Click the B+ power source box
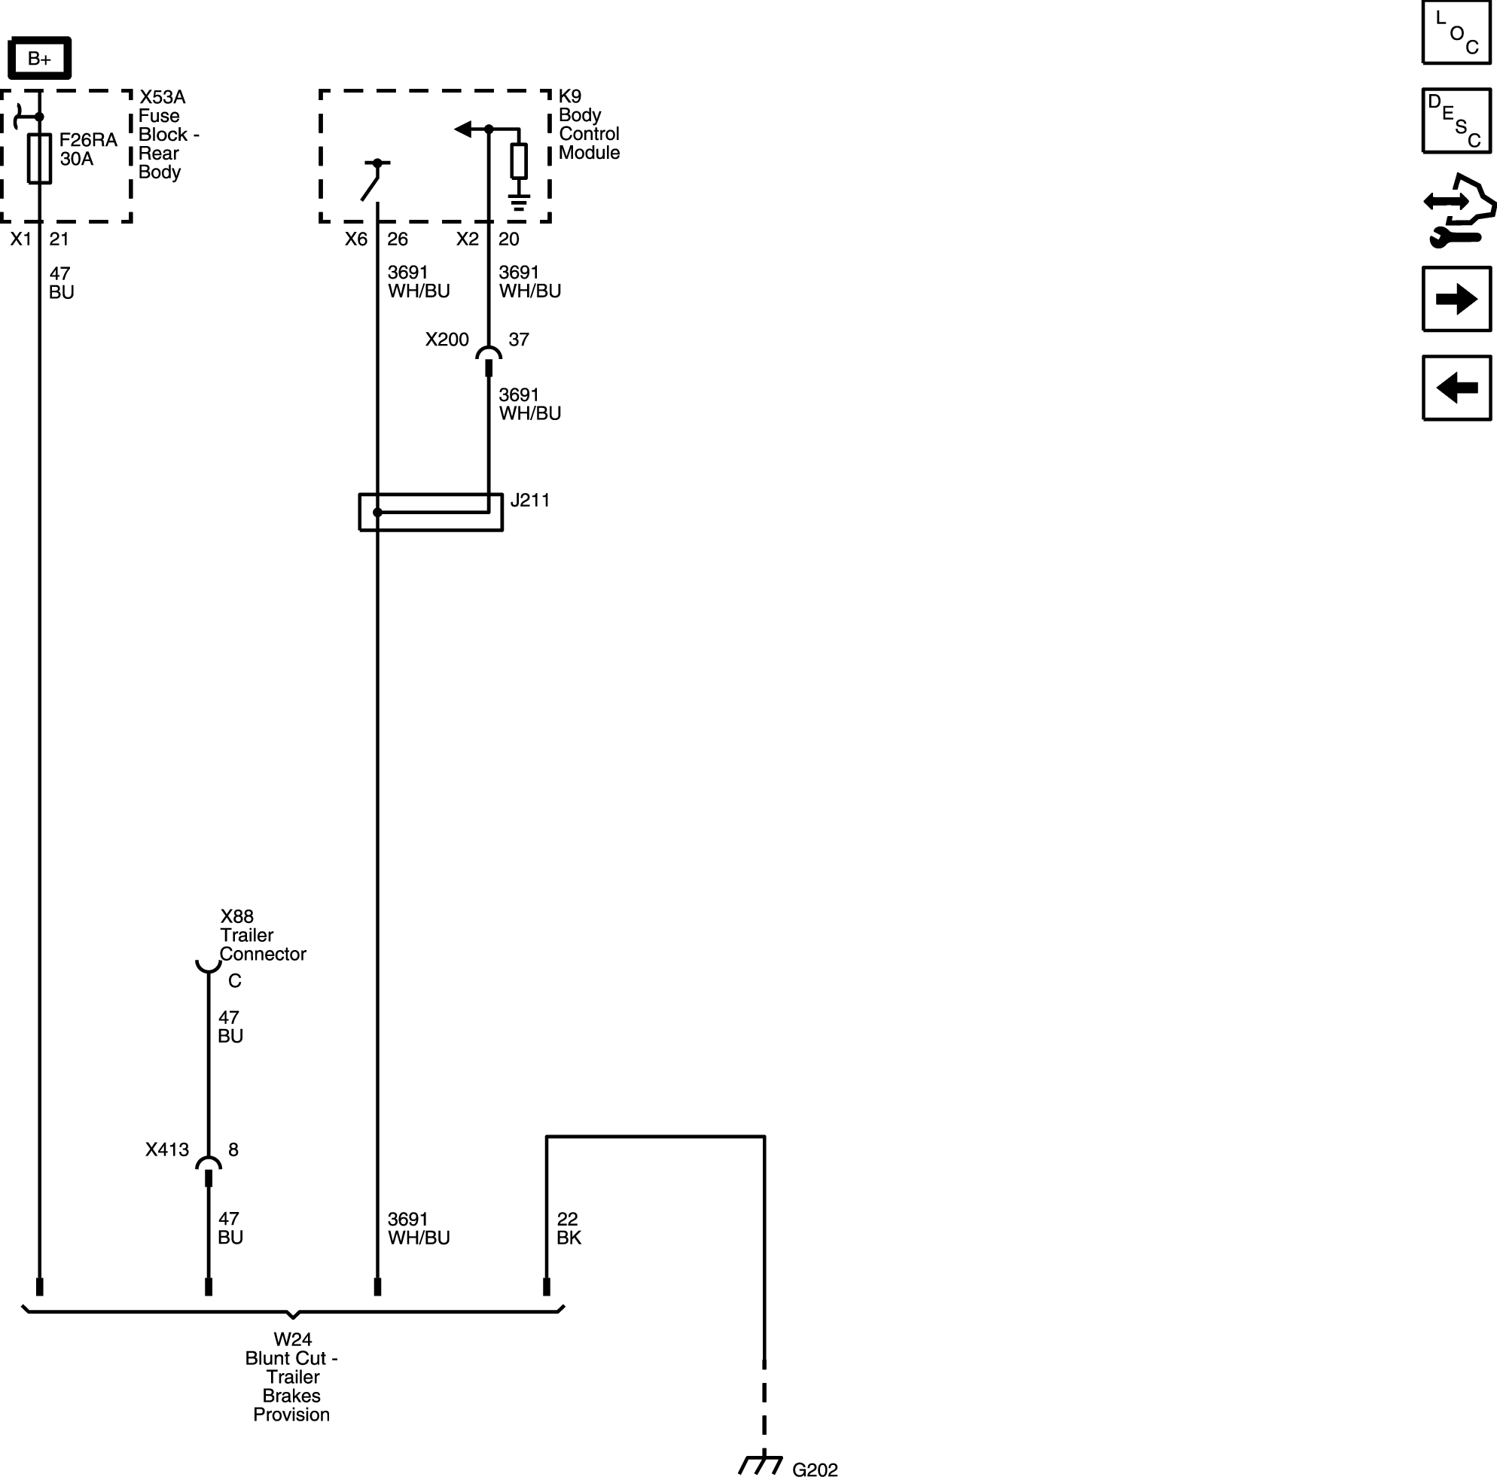click(x=39, y=58)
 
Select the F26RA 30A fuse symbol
click(x=39, y=158)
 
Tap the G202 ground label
click(x=815, y=1469)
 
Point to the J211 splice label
click(x=530, y=501)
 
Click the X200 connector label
click(x=447, y=340)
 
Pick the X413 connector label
click(x=167, y=1150)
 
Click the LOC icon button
click(x=1456, y=32)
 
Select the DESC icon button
click(x=1456, y=120)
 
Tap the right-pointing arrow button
click(x=1456, y=299)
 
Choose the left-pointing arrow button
click(x=1456, y=387)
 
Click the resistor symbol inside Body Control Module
click(x=519, y=161)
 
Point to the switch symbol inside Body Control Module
click(x=375, y=181)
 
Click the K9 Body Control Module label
click(x=589, y=125)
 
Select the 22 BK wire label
click(x=569, y=1229)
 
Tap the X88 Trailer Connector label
click(x=263, y=935)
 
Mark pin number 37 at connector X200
click(x=519, y=340)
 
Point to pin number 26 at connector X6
click(x=398, y=239)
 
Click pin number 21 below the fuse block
click(x=59, y=239)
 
